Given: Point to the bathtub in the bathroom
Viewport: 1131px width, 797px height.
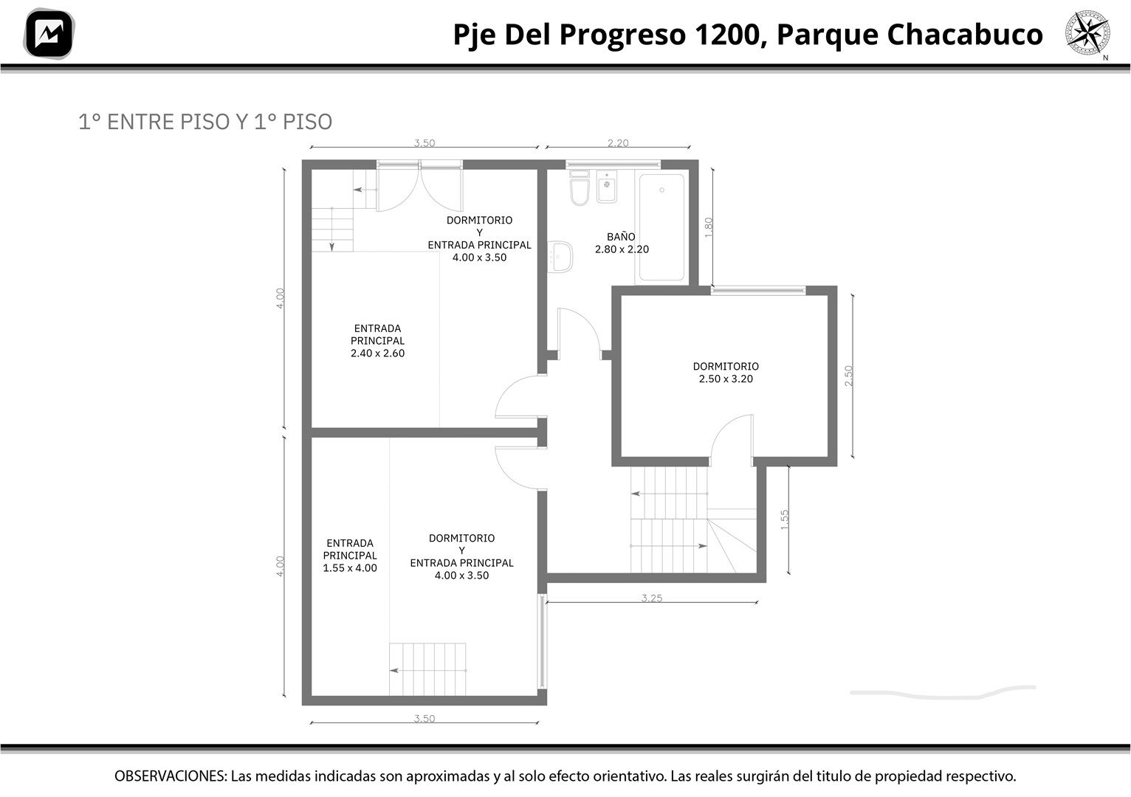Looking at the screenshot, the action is (x=661, y=227).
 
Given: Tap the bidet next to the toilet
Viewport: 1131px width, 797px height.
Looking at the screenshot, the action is (x=606, y=186).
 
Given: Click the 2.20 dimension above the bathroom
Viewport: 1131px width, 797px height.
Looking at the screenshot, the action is (x=618, y=143).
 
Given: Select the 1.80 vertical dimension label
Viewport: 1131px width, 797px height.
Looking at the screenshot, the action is (x=708, y=227).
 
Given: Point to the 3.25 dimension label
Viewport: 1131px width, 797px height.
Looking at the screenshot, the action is (x=651, y=598).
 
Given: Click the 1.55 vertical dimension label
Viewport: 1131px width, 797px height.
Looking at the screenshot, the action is (x=784, y=520).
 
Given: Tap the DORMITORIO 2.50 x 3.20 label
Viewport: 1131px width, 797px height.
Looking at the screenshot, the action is (x=726, y=373).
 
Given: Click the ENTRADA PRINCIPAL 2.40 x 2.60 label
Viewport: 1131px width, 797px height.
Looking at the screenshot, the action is (x=378, y=341).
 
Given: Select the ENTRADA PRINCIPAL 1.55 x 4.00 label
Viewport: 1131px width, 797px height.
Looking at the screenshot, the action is (x=350, y=555).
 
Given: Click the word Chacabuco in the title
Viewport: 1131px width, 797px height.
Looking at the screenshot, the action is (x=965, y=35).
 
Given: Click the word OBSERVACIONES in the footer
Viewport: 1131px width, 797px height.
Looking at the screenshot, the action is (x=170, y=776).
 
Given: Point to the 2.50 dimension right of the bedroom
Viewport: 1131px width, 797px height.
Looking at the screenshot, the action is (x=848, y=376).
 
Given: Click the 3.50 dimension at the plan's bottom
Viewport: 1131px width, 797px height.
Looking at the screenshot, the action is (x=424, y=718).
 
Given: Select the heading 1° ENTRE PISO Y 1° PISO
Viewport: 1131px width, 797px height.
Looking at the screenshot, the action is (x=205, y=122).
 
